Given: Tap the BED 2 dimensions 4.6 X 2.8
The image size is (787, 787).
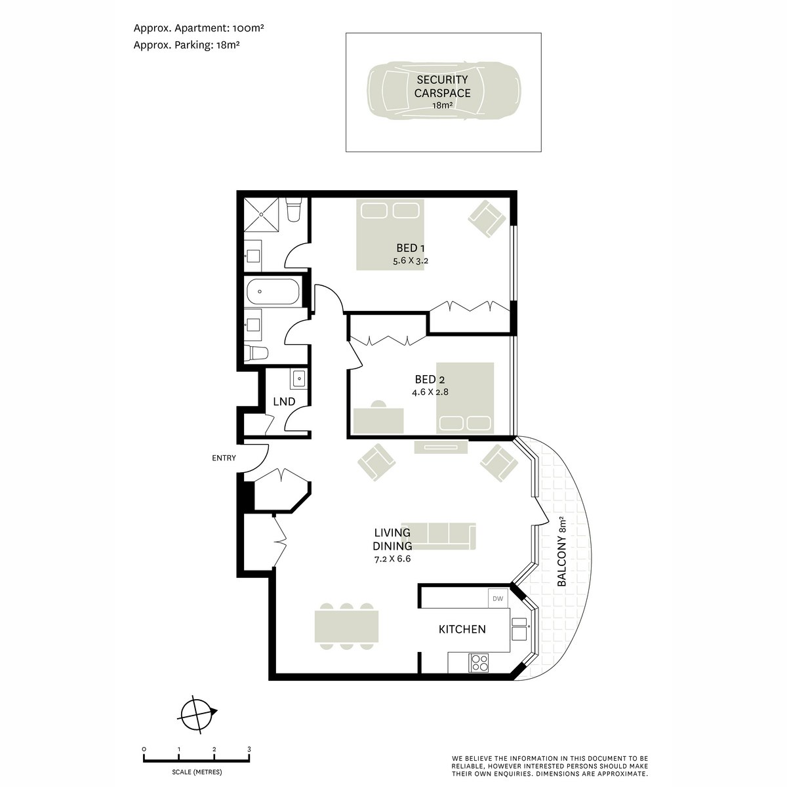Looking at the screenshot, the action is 430,392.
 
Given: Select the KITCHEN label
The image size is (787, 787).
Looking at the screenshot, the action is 462,629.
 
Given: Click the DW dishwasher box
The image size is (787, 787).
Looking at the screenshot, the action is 498,598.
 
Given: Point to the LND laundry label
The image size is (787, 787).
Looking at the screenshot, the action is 284,401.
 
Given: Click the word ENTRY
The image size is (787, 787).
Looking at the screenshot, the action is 224,458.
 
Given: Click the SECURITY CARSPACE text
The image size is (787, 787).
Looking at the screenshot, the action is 442,86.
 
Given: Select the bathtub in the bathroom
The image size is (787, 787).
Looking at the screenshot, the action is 273,291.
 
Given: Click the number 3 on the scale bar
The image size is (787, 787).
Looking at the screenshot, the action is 249,749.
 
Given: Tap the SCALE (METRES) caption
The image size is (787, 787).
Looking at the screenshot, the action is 197,772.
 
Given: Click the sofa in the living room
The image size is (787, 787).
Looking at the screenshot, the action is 438,536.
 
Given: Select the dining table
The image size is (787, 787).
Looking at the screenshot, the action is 346,626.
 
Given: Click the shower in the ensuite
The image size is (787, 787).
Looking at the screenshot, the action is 262,214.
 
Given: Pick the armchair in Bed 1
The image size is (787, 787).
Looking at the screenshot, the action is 486,218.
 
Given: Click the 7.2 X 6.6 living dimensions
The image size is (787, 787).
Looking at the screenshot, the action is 392,559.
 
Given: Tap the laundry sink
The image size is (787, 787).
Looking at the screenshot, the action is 299,378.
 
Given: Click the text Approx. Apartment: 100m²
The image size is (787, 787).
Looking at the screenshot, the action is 199,28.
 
